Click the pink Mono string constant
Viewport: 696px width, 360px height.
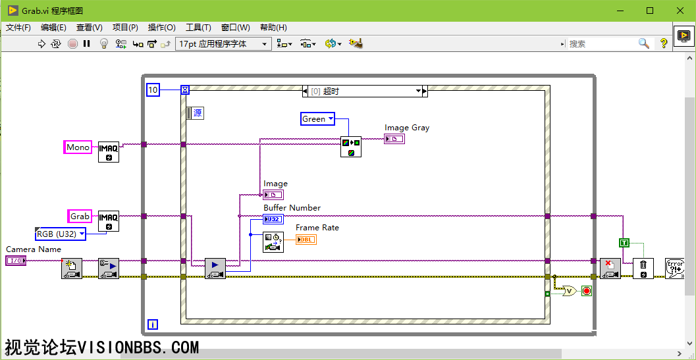tap(78, 147)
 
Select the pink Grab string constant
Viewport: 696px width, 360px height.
tap(80, 216)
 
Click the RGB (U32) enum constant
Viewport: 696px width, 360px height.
tap(60, 234)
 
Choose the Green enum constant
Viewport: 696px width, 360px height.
tap(317, 118)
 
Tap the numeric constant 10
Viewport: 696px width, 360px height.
tap(153, 90)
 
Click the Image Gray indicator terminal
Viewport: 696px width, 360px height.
tap(394, 139)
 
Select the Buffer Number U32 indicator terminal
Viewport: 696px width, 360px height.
tap(273, 219)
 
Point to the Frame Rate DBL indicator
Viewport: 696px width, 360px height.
tap(306, 240)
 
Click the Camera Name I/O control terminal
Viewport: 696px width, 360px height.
tap(16, 261)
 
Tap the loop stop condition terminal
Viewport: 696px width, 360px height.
tap(587, 291)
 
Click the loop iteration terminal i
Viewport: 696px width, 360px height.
tap(153, 324)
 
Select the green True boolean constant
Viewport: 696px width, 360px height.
tap(624, 243)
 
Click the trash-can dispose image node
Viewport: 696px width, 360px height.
tap(643, 268)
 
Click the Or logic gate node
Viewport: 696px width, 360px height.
tap(568, 291)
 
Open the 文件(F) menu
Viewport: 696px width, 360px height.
tap(18, 28)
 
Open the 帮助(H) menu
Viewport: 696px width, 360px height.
tap(273, 28)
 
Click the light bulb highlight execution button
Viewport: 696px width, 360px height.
tap(103, 43)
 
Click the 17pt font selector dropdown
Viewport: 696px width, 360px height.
tap(223, 43)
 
